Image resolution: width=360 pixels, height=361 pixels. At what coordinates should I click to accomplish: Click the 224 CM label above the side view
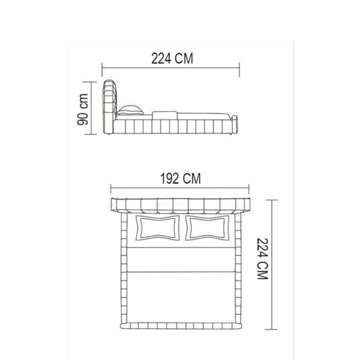point(172,58)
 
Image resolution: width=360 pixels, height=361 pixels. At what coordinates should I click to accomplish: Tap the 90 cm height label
point(82,109)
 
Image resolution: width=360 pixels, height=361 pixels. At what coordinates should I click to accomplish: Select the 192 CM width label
point(181,178)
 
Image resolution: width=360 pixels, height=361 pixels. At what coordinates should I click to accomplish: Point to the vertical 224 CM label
point(262,259)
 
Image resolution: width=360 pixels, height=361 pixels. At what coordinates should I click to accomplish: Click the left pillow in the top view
point(158,228)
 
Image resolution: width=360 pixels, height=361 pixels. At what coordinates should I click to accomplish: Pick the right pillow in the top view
point(207,228)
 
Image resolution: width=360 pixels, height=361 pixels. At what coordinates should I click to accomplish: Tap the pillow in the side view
point(130,111)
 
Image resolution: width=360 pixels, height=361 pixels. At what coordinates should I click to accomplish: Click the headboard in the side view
point(110,106)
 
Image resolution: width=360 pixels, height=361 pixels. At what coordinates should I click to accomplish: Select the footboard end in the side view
point(235,125)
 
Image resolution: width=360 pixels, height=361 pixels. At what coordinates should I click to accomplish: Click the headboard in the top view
point(180,205)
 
